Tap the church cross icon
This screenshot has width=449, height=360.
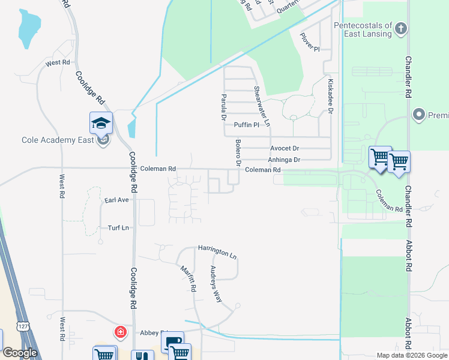click(402, 28)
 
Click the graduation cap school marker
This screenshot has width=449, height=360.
click(101, 124)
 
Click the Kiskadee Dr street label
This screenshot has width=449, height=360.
click(330, 95)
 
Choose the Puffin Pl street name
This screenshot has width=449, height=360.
click(246, 125)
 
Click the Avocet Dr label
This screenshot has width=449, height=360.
click(285, 148)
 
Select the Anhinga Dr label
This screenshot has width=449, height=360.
click(284, 160)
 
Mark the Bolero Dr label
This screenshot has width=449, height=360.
click(238, 154)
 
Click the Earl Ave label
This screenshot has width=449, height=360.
click(116, 200)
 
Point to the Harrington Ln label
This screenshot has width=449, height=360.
click(217, 251)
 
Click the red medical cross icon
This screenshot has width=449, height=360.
click(121, 332)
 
